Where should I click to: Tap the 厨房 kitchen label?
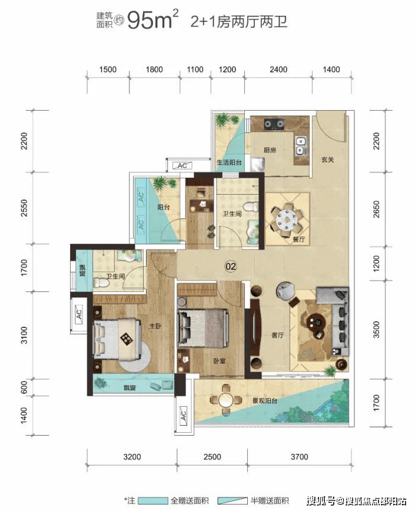(270, 150)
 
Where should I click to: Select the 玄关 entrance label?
(328, 160)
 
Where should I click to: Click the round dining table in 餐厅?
(285, 220)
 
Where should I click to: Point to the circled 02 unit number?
(231, 267)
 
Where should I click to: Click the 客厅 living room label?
(277, 335)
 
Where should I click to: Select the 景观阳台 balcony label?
(264, 400)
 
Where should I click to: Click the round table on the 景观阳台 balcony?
(225, 400)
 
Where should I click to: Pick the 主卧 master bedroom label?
(155, 326)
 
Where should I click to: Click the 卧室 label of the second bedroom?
(219, 361)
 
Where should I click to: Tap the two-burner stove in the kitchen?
(274, 124)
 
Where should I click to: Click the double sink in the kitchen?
(300, 145)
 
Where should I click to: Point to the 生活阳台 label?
(230, 162)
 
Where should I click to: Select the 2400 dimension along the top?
(278, 69)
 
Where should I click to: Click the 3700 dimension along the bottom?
(300, 457)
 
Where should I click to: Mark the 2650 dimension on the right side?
(376, 209)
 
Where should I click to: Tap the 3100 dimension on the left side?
(24, 335)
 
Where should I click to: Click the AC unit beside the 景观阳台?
(183, 415)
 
